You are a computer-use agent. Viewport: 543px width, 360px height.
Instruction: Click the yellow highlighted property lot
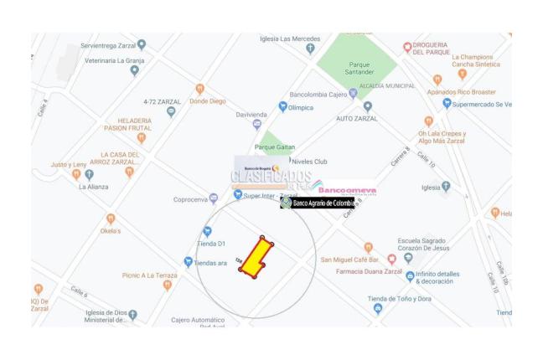256,255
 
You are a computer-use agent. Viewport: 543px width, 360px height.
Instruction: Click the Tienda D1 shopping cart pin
207,231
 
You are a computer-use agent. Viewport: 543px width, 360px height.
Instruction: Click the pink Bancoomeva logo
347,191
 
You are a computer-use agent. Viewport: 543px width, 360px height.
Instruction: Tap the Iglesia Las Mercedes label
290,39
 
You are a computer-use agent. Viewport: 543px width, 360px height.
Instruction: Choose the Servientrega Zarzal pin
141,44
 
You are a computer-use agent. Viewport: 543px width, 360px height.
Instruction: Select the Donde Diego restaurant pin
199,89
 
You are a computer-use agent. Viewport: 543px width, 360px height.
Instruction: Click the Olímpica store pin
282,107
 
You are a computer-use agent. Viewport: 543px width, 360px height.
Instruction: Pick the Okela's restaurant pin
111,219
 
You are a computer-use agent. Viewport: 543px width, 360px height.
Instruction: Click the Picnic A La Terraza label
149,275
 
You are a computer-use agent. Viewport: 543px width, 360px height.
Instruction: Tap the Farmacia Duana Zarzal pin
391,260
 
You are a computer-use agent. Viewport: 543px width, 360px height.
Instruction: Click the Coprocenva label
190,199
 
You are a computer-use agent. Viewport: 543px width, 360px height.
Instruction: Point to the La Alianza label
93,187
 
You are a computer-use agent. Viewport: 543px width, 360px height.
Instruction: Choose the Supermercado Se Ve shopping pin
447,103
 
